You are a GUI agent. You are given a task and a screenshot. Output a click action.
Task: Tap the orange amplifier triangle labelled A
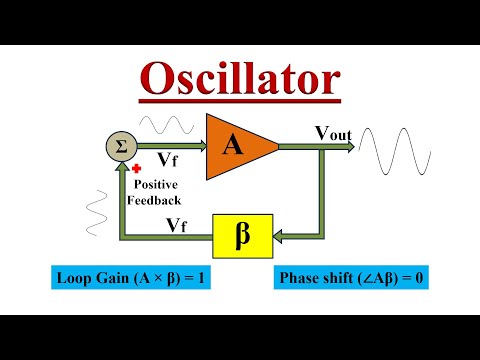tap(238, 147)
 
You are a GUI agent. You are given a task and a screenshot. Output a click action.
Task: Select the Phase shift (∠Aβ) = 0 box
tap(352, 277)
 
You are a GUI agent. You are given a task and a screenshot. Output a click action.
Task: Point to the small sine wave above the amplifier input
tap(166, 126)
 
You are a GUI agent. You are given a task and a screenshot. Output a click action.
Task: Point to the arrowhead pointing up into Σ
tap(120, 167)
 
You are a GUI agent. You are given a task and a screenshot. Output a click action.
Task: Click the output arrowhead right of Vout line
tap(351, 147)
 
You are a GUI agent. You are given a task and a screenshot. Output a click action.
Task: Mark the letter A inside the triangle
tap(233, 147)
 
